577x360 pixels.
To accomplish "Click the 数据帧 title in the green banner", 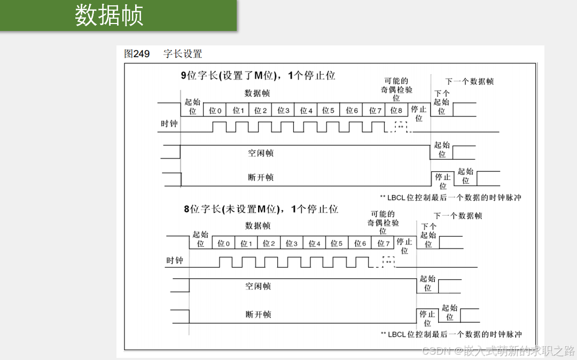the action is point(109,15).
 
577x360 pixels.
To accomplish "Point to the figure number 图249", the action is point(137,54).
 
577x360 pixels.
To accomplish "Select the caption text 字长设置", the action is point(183,54).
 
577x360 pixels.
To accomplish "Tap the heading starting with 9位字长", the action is point(258,75).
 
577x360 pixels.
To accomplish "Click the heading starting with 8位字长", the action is point(261,209).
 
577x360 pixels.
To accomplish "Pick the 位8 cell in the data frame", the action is point(396,111).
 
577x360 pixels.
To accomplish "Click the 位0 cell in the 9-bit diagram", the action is point(215,111).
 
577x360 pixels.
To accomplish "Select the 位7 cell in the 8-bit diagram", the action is point(384,244).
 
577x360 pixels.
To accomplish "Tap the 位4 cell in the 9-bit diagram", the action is point(306,111).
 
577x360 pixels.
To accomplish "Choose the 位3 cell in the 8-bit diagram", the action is point(291,244).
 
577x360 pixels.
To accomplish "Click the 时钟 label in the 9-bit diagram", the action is point(169,124).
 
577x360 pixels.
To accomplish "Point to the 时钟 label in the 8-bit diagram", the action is point(175,261).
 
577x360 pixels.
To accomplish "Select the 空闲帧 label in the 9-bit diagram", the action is point(261,153).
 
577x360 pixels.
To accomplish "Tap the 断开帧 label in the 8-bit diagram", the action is point(258,315).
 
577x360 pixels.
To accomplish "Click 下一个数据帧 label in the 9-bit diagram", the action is point(469,81).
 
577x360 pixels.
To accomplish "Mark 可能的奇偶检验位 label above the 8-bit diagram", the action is point(383,222).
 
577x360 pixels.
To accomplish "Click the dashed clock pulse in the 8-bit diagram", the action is point(389,262).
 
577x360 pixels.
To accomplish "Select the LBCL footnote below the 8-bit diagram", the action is point(451,334).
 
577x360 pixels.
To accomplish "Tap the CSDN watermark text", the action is point(498,351).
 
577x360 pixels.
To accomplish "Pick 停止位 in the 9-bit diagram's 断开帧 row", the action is point(443,181).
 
